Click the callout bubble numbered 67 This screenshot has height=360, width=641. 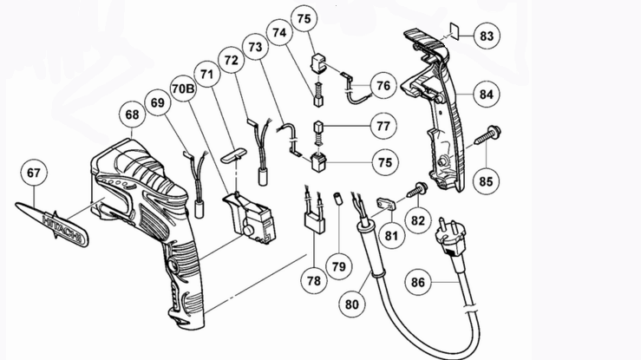coord(33,173)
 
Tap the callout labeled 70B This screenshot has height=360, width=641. coord(182,89)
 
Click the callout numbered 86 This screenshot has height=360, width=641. coord(417,283)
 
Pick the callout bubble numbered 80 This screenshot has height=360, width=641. coord(352,304)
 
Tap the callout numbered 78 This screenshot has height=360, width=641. coord(313,280)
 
